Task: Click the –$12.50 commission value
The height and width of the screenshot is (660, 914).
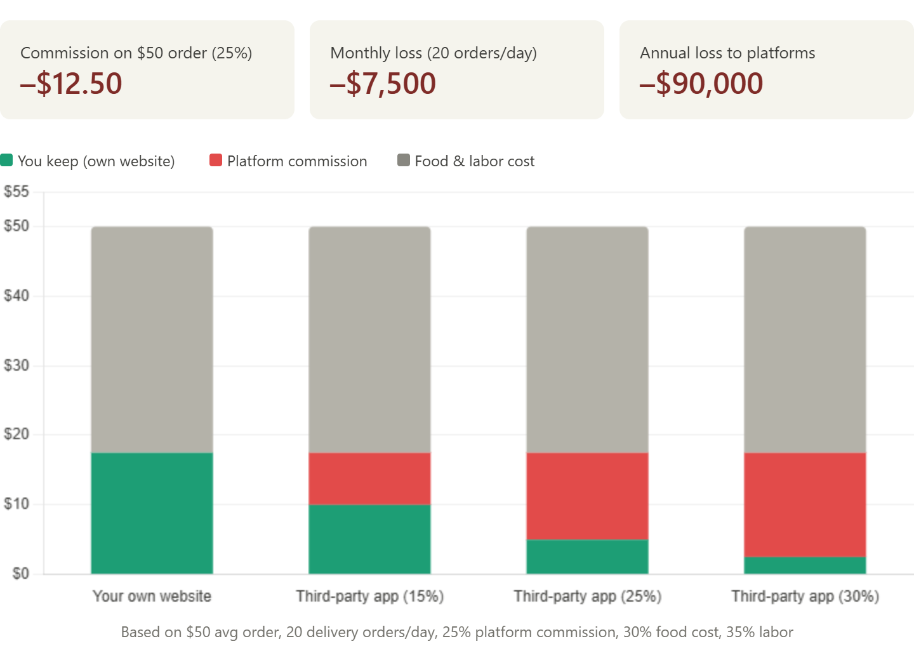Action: pyautogui.click(x=71, y=84)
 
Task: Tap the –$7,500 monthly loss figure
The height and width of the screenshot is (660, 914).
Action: pyautogui.click(x=383, y=84)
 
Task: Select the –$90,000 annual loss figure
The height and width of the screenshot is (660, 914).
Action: pyautogui.click(x=701, y=84)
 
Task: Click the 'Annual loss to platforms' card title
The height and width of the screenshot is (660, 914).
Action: pyautogui.click(x=727, y=53)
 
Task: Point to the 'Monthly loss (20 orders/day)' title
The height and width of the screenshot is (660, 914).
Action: pyautogui.click(x=434, y=53)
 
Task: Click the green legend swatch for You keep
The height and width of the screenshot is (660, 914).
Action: pyautogui.click(x=6, y=161)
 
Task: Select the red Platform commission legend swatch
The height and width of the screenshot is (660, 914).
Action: pyautogui.click(x=216, y=161)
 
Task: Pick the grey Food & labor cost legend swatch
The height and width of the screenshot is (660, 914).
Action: pyautogui.click(x=404, y=161)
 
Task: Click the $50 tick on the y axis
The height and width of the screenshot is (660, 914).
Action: pyautogui.click(x=17, y=226)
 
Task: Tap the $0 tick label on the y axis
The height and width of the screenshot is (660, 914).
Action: pyautogui.click(x=21, y=573)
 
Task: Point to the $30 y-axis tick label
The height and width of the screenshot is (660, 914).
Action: pyautogui.click(x=17, y=365)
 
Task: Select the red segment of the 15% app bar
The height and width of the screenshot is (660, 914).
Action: pyautogui.click(x=370, y=478)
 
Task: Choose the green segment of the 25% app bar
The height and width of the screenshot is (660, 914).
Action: pyautogui.click(x=587, y=557)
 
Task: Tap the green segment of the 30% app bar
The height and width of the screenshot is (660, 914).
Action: pyautogui.click(x=805, y=565)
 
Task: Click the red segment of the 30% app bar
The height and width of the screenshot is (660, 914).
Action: pyautogui.click(x=805, y=505)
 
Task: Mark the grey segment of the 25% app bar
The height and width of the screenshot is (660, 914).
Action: pyautogui.click(x=587, y=339)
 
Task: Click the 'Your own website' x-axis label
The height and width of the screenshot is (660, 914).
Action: pyautogui.click(x=152, y=597)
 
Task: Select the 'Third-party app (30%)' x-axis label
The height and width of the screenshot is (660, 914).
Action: pyautogui.click(x=805, y=597)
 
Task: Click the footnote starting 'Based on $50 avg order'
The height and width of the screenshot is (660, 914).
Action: pyautogui.click(x=457, y=632)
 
